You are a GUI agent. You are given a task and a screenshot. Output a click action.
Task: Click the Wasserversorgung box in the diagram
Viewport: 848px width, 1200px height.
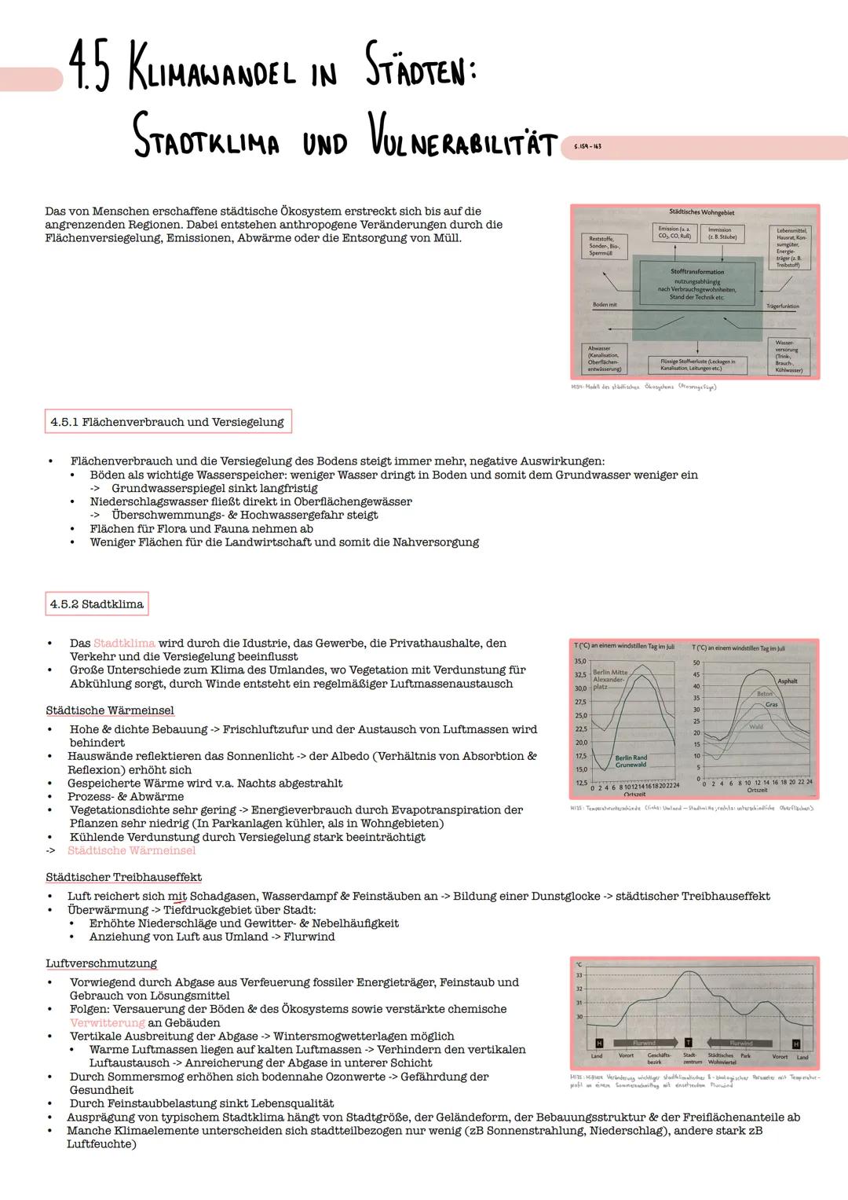[788, 357]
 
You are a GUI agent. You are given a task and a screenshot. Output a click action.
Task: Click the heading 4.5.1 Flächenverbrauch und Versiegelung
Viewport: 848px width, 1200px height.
[166, 422]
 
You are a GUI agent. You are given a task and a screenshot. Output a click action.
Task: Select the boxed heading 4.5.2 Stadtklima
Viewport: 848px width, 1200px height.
[97, 604]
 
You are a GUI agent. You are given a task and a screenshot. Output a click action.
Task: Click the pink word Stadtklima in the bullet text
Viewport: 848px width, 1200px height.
[124, 643]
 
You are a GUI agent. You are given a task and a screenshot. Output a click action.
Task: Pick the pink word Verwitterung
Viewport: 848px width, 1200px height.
[107, 1022]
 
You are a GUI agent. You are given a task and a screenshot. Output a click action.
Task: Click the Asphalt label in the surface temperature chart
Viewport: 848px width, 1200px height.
[787, 681]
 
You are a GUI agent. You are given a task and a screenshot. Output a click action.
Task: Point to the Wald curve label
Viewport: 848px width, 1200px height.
[756, 727]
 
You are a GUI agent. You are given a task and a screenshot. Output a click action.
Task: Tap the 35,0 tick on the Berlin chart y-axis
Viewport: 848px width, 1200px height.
[581, 662]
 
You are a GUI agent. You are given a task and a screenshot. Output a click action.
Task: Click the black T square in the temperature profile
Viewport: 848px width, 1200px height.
[688, 1043]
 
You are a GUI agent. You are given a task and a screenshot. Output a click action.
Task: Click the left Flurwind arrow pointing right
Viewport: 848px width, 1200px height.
[643, 1043]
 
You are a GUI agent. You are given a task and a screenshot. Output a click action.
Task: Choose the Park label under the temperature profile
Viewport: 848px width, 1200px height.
[745, 1056]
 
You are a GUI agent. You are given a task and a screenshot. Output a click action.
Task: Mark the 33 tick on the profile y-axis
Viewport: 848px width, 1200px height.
[579, 975]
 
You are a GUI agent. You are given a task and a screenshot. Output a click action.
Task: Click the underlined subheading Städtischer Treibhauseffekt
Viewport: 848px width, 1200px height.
[123, 877]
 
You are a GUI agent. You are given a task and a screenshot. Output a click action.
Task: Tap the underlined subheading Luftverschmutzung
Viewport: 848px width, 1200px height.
[101, 963]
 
